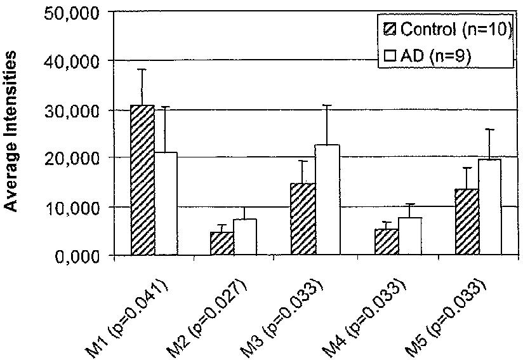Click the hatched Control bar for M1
pyautogui.click(x=142, y=180)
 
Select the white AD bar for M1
pyautogui.click(x=166, y=204)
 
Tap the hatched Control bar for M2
pyautogui.click(x=222, y=244)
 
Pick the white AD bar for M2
pyautogui.click(x=245, y=237)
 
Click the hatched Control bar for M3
pyautogui.click(x=303, y=220)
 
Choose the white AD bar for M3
pyautogui.click(x=327, y=200)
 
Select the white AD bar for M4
pyautogui.click(x=409, y=237)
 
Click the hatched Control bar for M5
pyautogui.click(x=467, y=222)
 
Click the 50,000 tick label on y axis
pyautogui.click(x=72, y=12)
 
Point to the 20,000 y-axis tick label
pyautogui.click(x=72, y=158)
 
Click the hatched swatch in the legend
pyautogui.click(x=389, y=29)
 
